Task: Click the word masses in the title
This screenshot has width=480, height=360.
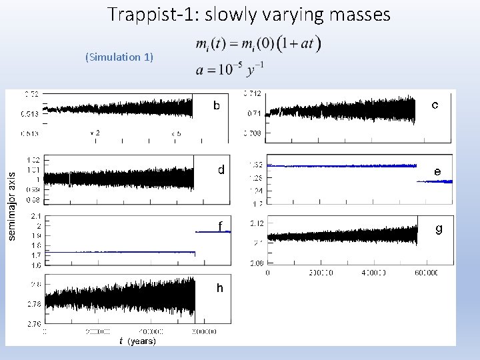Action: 357,15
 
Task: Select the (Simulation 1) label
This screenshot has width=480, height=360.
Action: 119,57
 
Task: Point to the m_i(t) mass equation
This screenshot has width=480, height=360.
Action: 258,45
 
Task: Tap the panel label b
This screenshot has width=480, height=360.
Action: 216,105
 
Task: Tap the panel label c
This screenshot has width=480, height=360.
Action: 435,105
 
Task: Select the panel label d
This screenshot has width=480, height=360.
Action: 221,170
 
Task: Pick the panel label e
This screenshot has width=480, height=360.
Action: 437,171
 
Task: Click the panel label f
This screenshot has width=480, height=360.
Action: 221,224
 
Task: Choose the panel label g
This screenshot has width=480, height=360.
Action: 438,229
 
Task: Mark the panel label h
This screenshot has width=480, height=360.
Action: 219,288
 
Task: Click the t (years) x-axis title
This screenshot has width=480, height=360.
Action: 137,341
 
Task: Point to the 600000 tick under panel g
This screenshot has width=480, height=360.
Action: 426,273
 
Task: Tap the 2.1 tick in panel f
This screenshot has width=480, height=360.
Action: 35,216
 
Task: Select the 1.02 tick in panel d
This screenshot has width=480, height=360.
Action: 34,159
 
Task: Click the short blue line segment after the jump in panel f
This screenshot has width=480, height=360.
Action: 212,231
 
